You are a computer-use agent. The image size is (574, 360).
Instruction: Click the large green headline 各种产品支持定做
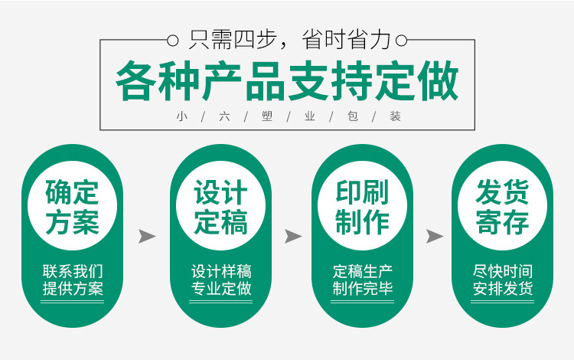point(287,82)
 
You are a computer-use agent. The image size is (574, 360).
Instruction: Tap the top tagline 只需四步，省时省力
point(287,39)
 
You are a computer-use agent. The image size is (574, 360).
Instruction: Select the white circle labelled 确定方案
point(72,205)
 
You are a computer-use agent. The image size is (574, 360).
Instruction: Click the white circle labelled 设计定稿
point(220,205)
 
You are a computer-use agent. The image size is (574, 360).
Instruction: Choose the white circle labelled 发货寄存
point(502,205)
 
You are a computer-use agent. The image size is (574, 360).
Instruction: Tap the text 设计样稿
point(220,271)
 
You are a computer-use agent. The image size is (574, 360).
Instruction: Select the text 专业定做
point(220,289)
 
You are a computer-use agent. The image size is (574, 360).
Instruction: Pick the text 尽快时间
point(502,271)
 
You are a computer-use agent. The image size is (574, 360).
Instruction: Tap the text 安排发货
point(502,289)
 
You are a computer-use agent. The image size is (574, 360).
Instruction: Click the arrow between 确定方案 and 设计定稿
point(146,236)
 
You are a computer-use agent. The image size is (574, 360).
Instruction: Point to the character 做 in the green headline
point(439,82)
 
